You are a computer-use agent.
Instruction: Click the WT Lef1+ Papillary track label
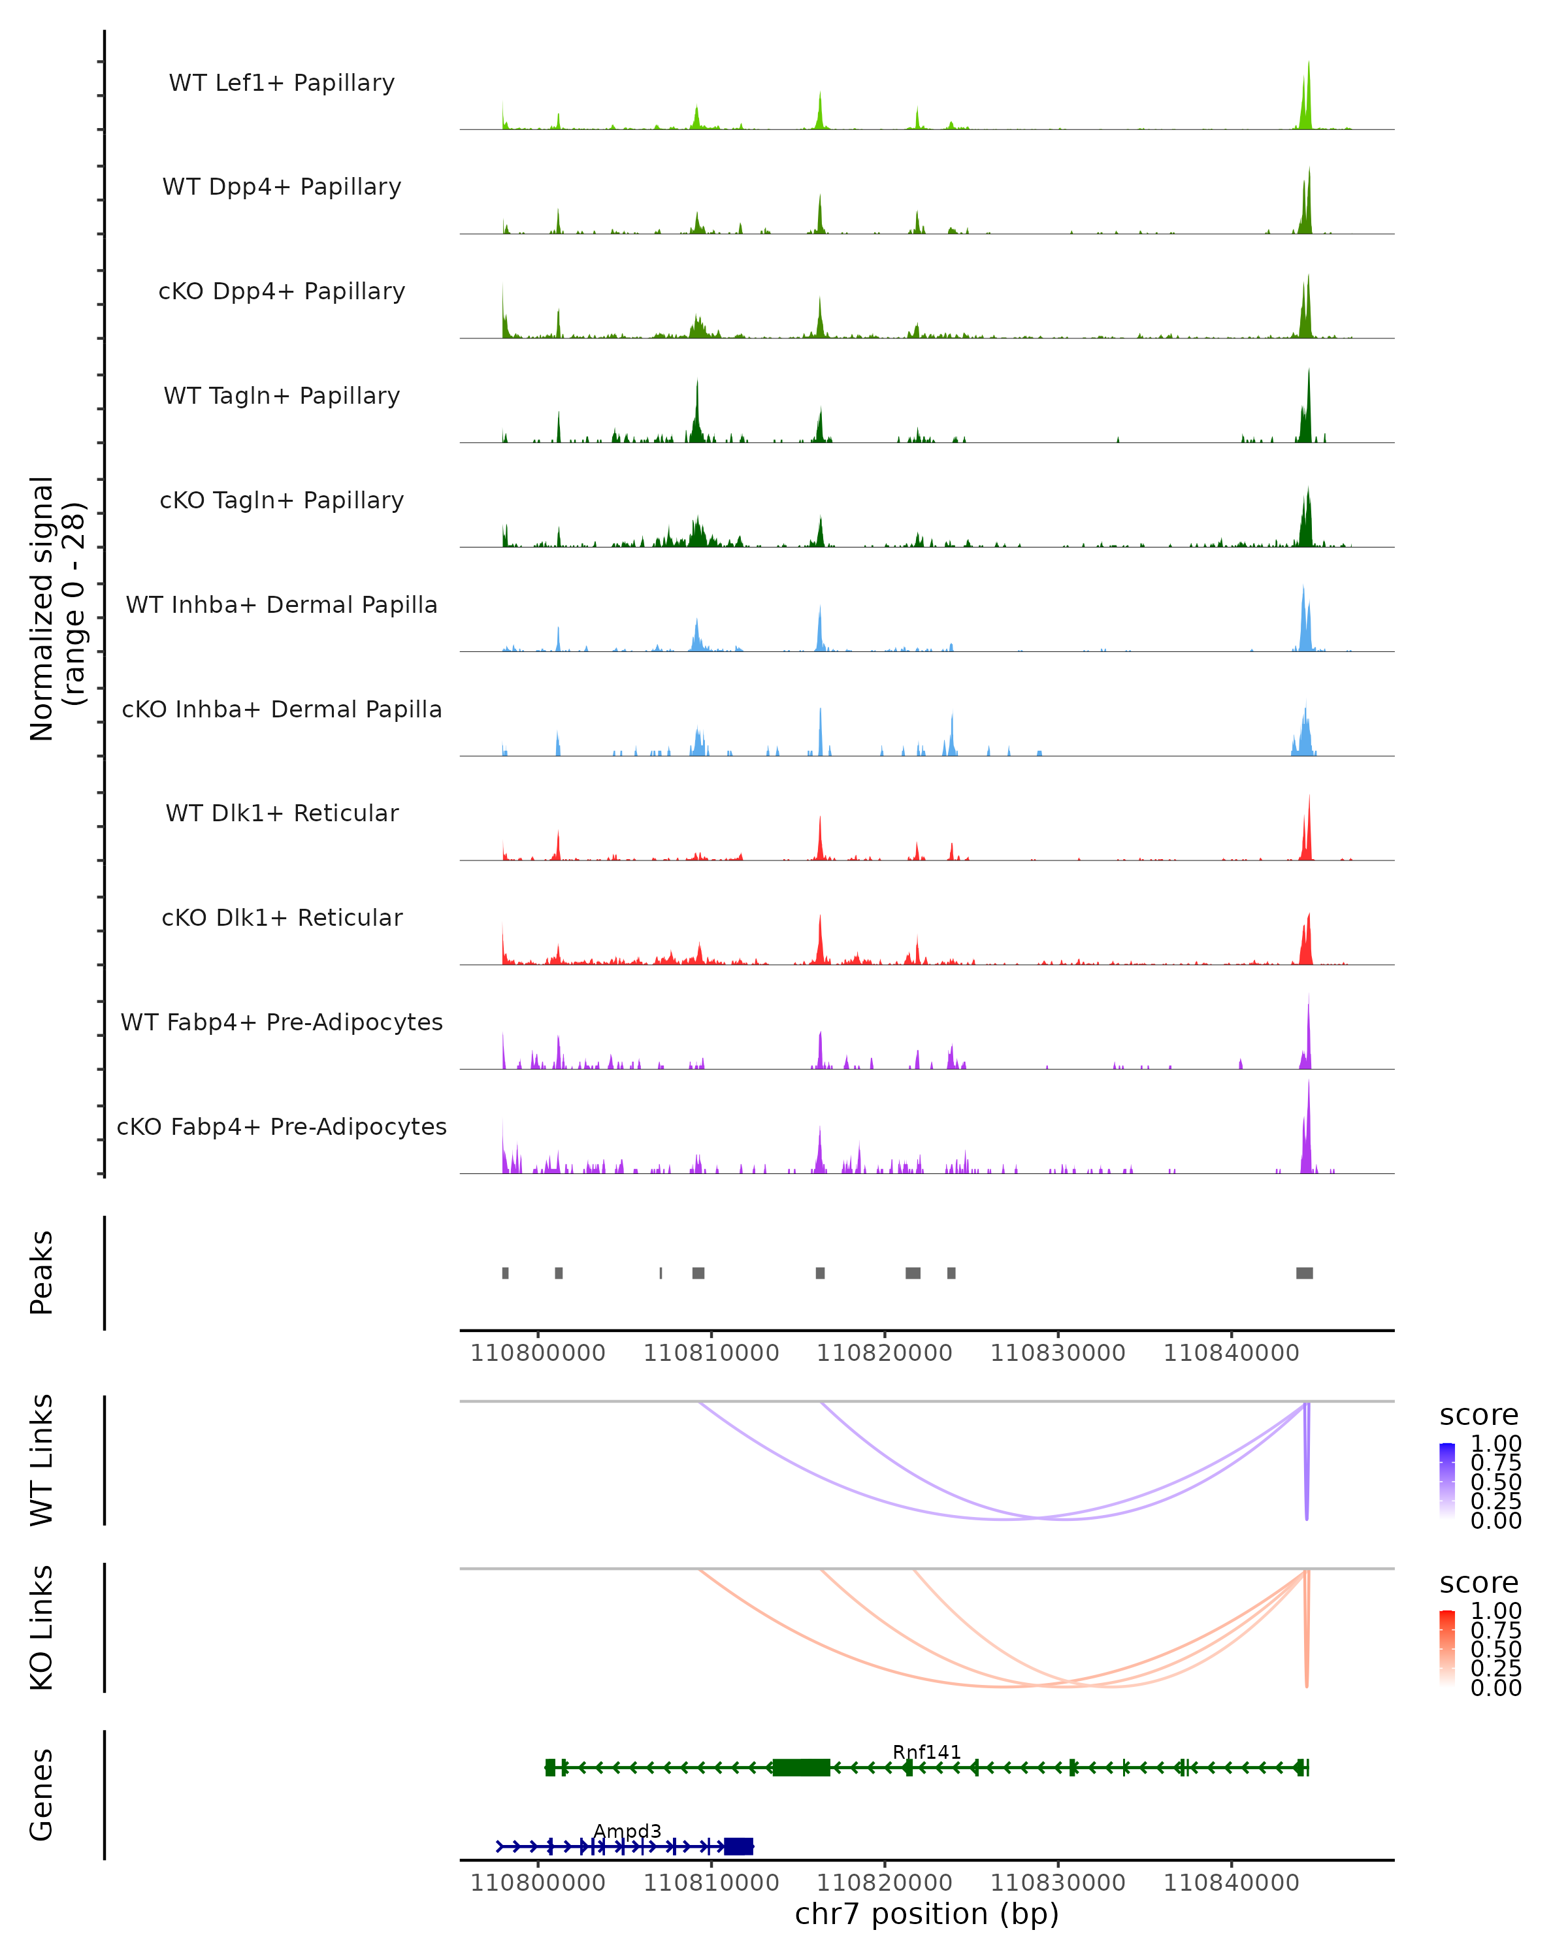click(282, 83)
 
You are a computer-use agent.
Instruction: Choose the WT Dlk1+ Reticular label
click(282, 813)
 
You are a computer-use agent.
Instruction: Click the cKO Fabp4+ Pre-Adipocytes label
click(282, 1126)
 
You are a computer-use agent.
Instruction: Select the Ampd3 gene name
click(627, 1831)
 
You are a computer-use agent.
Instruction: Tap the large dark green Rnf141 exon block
click(801, 1767)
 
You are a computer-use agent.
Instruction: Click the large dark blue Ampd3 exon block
click(738, 1846)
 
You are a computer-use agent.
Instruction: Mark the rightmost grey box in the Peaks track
click(1305, 1273)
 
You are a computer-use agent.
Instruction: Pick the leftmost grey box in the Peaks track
click(506, 1273)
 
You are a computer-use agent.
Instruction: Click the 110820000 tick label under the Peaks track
click(885, 1353)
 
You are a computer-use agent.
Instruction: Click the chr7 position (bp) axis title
click(926, 1914)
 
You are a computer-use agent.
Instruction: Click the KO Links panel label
click(42, 1628)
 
